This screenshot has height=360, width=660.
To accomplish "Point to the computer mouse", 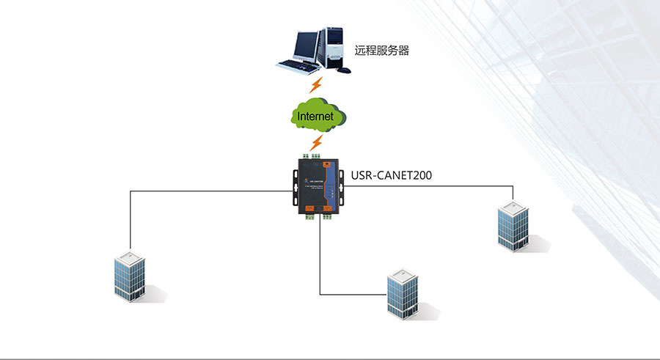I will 345,70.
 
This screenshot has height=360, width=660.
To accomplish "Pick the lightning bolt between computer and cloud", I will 316,85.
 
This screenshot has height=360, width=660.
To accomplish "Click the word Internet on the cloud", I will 315,116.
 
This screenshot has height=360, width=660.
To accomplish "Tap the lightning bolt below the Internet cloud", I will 316,142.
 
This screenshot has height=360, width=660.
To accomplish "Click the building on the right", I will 513,225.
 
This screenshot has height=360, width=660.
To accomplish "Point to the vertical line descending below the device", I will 320,257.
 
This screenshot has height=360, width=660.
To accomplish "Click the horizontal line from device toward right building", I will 425,186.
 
